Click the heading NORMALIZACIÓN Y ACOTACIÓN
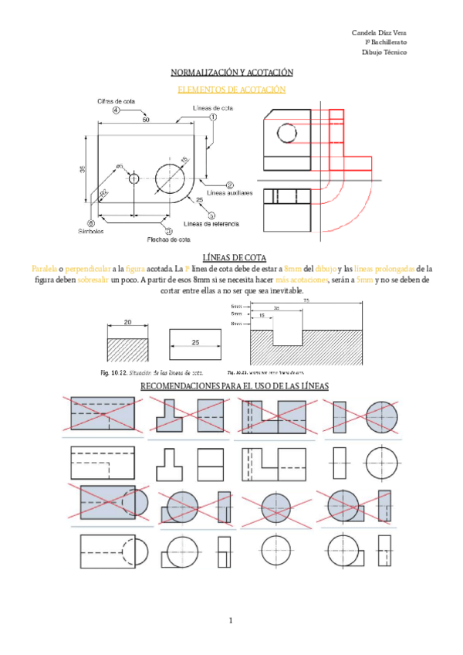point(231,73)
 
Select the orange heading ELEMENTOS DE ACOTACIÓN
point(231,90)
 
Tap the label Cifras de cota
point(117,101)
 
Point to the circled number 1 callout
point(212,117)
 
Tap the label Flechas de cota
point(169,239)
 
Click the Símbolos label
point(91,231)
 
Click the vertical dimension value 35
point(83,169)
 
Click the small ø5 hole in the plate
point(134,178)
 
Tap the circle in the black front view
point(286,134)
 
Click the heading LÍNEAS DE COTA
point(231,257)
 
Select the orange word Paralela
point(45,268)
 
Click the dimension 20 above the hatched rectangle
point(127,322)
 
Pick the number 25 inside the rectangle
point(195,341)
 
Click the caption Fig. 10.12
point(114,372)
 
